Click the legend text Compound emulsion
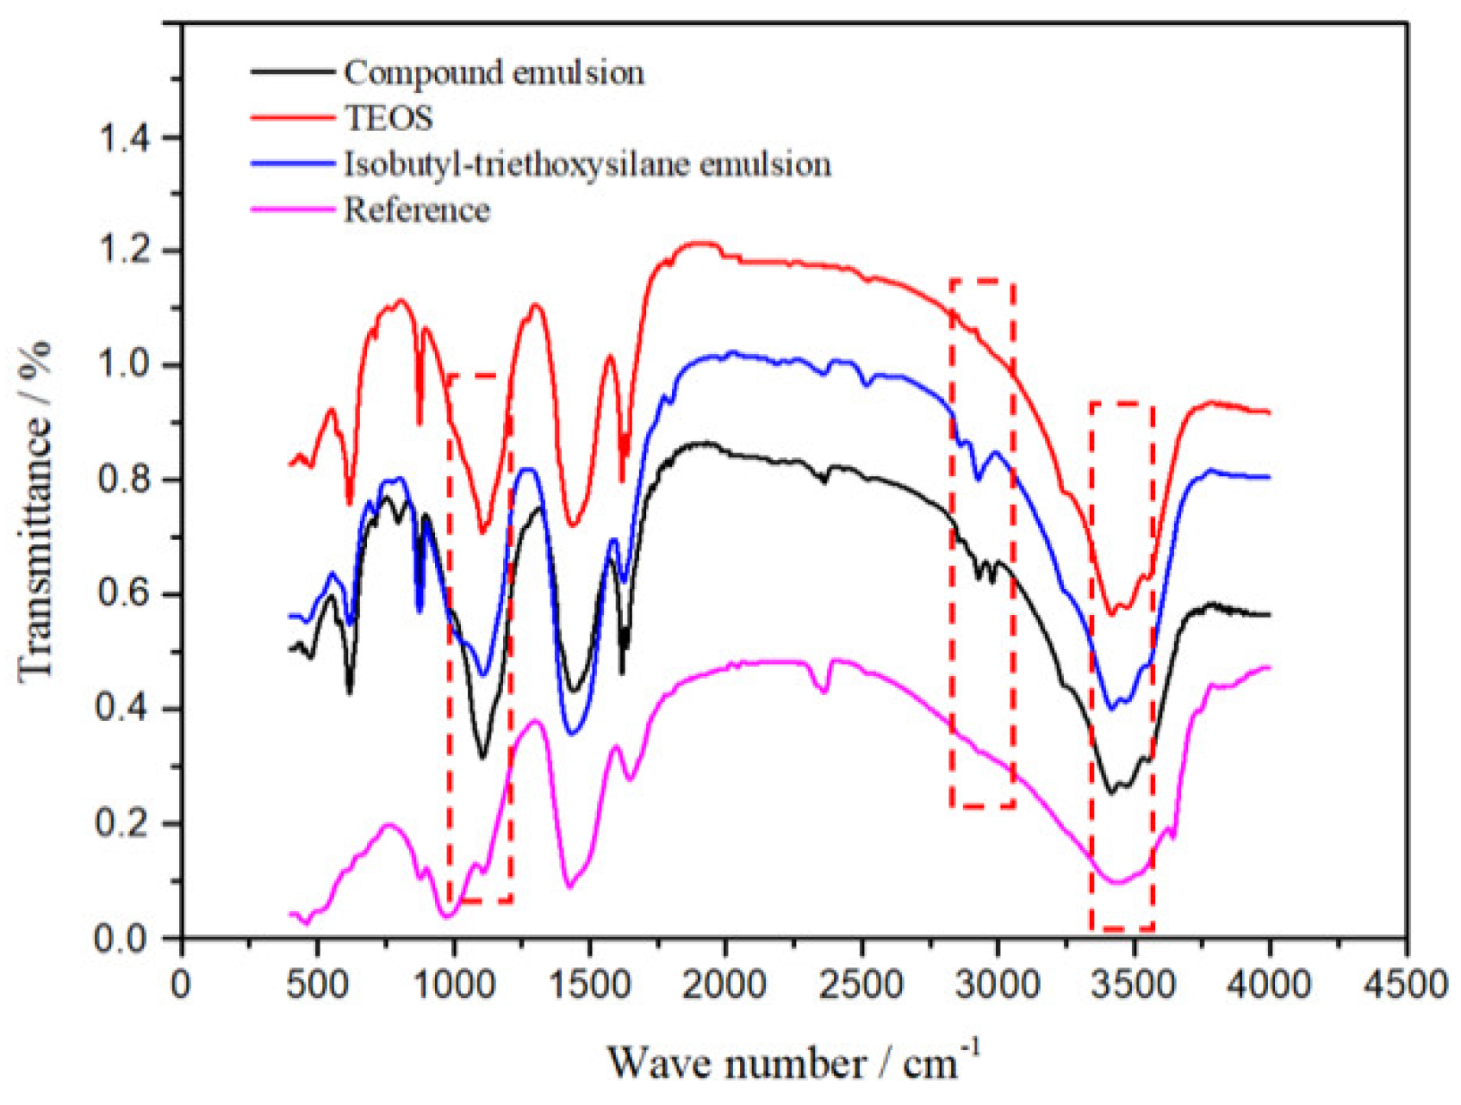(494, 72)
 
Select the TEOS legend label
(389, 118)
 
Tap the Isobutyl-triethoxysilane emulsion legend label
(588, 164)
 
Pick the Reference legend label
(417, 210)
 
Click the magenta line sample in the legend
(292, 210)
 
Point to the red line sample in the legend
(292, 118)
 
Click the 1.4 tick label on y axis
(127, 138)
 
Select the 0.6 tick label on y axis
(127, 594)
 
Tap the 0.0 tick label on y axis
(127, 937)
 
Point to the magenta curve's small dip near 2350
(824, 691)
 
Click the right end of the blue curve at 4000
(1269, 476)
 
